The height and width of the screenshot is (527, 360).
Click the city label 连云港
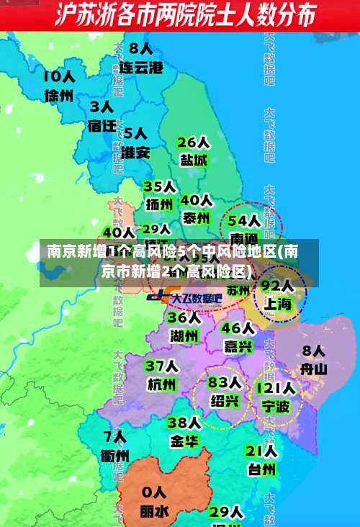click(141, 68)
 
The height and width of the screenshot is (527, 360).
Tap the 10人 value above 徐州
click(58, 76)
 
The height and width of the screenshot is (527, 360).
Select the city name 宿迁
click(102, 125)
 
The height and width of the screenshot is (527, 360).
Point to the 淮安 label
click(135, 152)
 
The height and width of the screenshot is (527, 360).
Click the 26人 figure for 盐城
click(193, 142)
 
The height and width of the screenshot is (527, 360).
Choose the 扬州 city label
click(160, 204)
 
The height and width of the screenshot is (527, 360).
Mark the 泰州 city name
click(196, 217)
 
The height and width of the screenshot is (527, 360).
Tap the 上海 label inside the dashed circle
click(277, 304)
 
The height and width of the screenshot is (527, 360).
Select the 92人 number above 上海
click(276, 286)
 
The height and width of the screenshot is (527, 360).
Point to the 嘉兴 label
click(238, 346)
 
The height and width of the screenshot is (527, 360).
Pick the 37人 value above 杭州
click(161, 366)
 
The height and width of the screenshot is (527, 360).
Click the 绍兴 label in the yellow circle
click(225, 400)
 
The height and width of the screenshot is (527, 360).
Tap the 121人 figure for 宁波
click(275, 389)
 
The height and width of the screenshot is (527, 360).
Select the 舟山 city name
click(314, 369)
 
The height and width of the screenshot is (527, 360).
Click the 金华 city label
click(184, 440)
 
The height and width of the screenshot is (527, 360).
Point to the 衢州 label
click(115, 455)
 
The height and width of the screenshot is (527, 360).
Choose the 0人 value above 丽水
click(154, 493)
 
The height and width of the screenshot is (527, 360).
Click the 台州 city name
click(261, 469)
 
